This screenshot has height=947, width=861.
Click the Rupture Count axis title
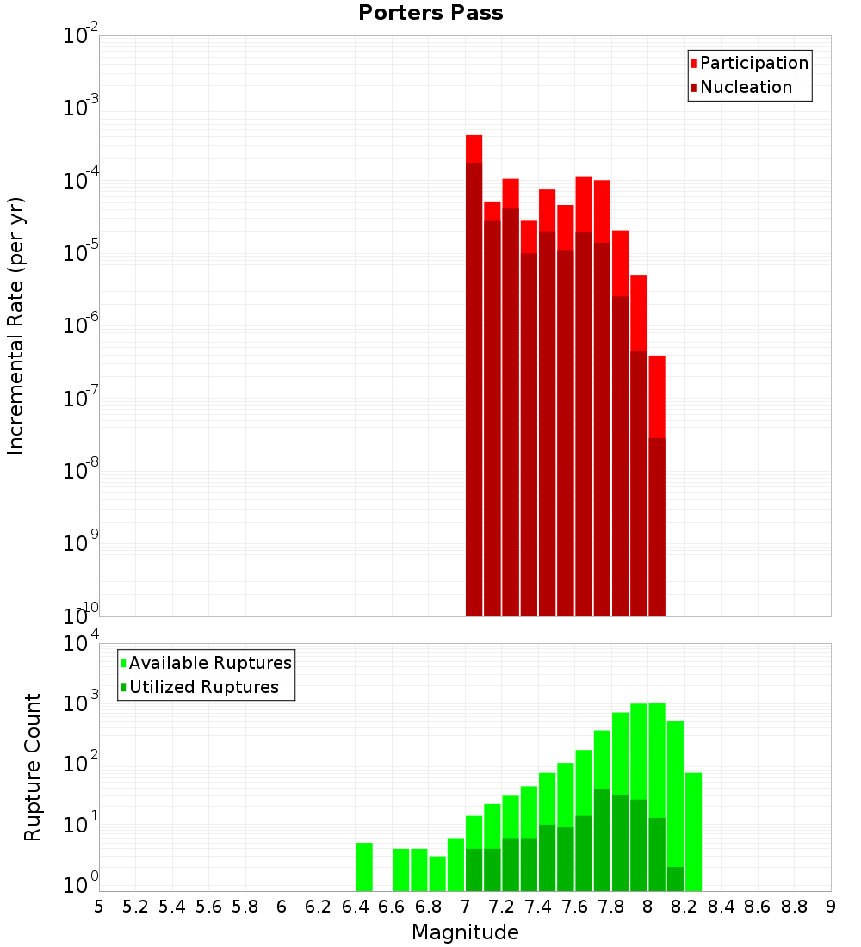click(x=33, y=766)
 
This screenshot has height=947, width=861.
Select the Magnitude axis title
click(x=465, y=932)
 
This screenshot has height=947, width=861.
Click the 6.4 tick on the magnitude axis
click(x=355, y=907)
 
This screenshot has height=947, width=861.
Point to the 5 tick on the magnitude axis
click(x=99, y=907)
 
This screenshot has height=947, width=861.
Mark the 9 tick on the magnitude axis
click(x=831, y=907)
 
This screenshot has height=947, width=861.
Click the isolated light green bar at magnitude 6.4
click(x=364, y=867)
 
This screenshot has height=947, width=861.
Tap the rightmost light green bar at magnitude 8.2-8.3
click(x=693, y=832)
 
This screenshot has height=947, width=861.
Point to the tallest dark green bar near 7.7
click(x=602, y=839)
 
